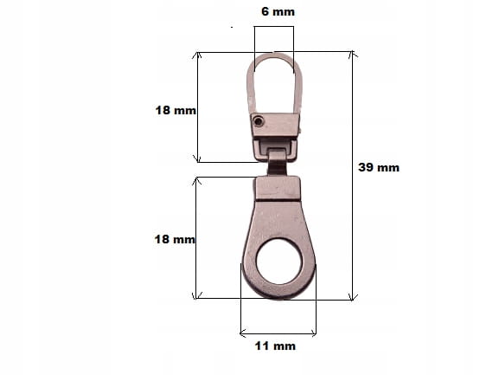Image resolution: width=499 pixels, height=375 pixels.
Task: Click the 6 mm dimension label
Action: pyautogui.click(x=278, y=12)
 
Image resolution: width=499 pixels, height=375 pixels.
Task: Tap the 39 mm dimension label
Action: pyautogui.click(x=379, y=168)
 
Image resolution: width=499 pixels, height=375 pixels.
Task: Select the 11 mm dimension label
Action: pyautogui.click(x=275, y=346)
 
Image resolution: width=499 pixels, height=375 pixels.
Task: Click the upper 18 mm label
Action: pyautogui.click(x=176, y=110)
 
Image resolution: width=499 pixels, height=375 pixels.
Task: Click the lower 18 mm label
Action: pyautogui.click(x=175, y=239)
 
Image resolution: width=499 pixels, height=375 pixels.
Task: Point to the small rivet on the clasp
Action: pyautogui.click(x=258, y=121)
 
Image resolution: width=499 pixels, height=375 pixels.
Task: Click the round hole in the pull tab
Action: pyautogui.click(x=279, y=262)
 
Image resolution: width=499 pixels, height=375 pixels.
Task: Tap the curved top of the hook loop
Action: pyautogui.click(x=274, y=55)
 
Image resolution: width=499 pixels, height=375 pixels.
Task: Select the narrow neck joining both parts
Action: pyautogui.click(x=277, y=163)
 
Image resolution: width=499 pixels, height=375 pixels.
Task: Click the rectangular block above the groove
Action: pyautogui.click(x=278, y=188)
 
